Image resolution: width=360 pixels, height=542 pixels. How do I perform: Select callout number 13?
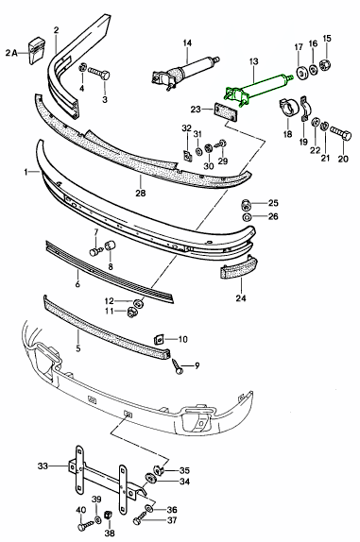point(252,61)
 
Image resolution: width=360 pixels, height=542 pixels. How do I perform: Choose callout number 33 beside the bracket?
point(42,465)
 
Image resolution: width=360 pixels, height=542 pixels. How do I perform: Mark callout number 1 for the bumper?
point(29,172)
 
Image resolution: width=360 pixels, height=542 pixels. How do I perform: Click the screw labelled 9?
point(179,365)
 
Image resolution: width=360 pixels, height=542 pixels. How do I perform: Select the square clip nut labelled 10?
point(159,338)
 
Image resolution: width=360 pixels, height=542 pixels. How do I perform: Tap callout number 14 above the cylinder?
point(187,43)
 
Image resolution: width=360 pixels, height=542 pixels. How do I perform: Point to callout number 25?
point(274,203)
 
